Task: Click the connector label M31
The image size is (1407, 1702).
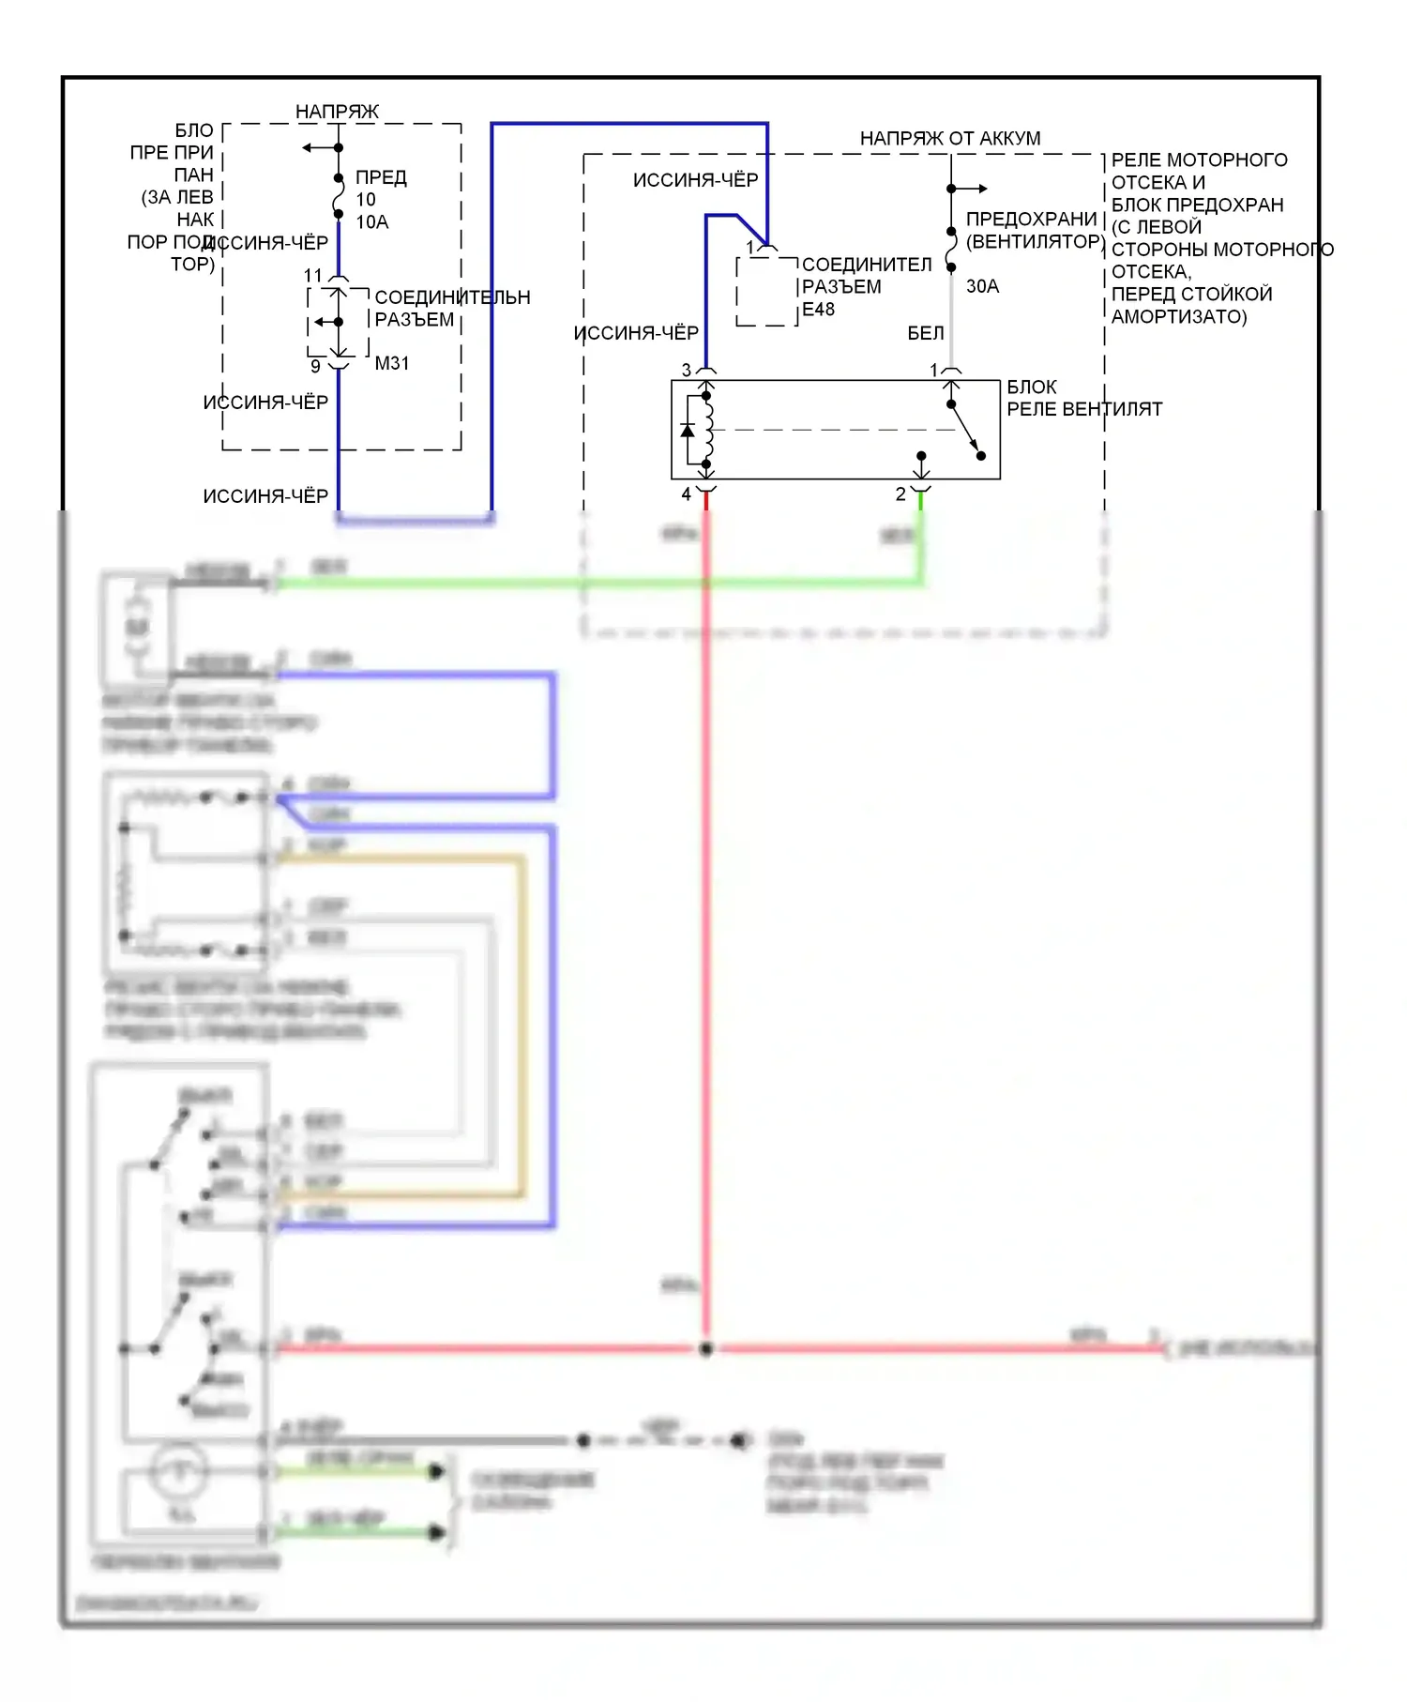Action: point(392,363)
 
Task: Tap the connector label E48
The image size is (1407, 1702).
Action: point(818,310)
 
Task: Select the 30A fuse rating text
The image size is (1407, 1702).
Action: point(982,286)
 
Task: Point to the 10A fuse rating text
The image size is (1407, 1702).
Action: point(371,222)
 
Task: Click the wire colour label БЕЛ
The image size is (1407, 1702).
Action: point(925,333)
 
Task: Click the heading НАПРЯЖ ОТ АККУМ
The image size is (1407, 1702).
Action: point(949,139)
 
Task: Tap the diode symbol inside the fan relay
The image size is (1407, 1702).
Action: point(688,431)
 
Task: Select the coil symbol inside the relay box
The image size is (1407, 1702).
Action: point(708,430)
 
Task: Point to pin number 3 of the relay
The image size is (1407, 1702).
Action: point(686,371)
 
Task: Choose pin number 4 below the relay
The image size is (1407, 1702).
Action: point(686,494)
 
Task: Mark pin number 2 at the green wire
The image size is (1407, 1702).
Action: point(900,494)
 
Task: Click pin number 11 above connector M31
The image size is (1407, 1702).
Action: point(312,276)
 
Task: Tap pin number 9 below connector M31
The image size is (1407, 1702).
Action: point(315,366)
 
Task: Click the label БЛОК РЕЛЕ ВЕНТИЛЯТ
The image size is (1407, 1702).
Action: point(1083,398)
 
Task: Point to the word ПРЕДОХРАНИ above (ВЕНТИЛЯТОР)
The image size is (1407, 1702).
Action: point(1031,219)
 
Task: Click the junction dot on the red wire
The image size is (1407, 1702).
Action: point(706,1348)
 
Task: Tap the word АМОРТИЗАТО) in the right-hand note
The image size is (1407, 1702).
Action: point(1179,317)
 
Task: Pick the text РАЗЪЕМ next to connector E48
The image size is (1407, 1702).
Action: point(841,287)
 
